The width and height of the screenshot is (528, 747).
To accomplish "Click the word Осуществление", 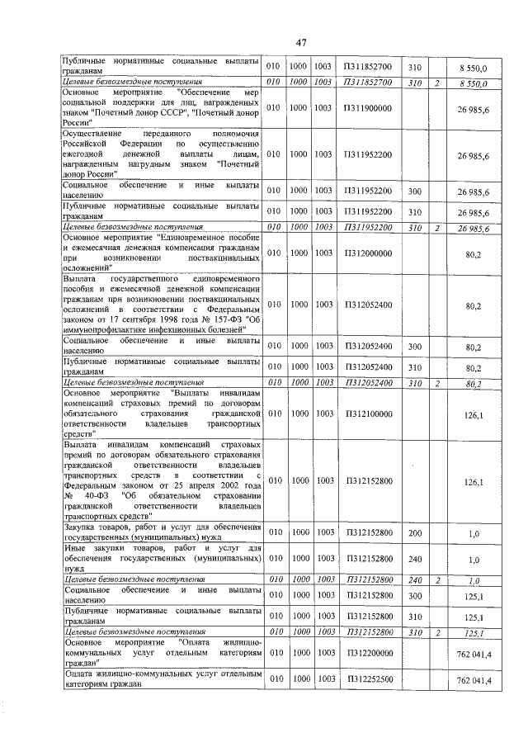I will (x=92, y=134).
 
